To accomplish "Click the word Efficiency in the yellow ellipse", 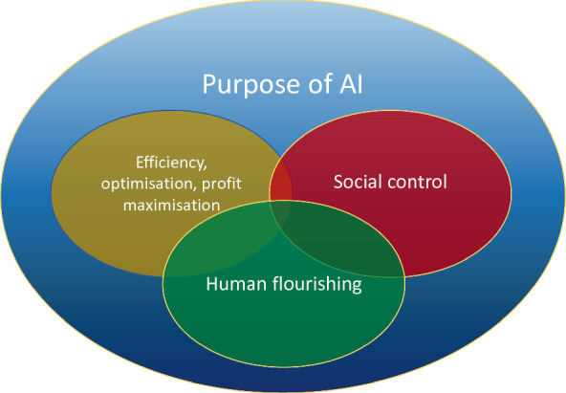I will pyautogui.click(x=166, y=162).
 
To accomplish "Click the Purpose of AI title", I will pyautogui.click(x=284, y=86).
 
